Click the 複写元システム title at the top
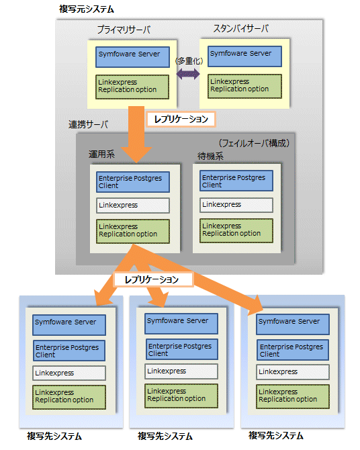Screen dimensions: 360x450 pos(87,9)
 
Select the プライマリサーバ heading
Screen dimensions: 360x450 pos(124,30)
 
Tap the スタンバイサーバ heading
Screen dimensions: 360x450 pos(240,29)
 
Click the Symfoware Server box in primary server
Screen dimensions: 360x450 pos(132,57)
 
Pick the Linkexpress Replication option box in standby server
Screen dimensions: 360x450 pos(244,86)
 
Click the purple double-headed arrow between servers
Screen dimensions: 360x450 pos(188,74)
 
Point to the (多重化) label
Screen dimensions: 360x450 pos(189,61)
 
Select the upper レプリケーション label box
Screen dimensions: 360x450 pos(181,119)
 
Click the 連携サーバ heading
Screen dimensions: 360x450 pos(89,124)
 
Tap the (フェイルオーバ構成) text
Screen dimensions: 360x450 pos(254,143)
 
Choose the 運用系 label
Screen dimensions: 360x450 pos(101,154)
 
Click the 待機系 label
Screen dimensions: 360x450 pos(210,156)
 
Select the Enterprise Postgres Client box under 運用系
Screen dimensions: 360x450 pos(133,182)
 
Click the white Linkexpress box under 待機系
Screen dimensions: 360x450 pos(236,205)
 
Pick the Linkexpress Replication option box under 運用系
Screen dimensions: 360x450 pos(133,231)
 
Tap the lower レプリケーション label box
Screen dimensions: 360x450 pos(153,279)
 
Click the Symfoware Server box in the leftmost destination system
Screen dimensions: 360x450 pos(69,325)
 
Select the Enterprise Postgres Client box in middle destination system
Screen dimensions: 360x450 pos(181,349)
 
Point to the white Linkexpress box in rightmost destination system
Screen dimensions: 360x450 pos(293,372)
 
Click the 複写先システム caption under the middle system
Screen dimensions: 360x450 pos(165,436)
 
